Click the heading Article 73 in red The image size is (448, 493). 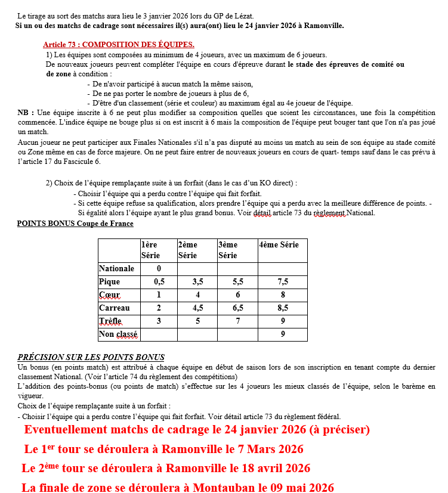118,45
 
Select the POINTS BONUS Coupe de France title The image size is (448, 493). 75,224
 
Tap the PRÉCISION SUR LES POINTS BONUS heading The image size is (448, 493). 91,357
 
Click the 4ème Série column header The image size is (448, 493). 279,245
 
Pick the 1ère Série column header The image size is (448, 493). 150,250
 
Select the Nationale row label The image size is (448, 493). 116,269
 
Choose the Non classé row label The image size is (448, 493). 118,334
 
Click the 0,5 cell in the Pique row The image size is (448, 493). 159,282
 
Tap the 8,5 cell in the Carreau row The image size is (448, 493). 282,308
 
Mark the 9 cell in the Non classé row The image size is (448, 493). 282,334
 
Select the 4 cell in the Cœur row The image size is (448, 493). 197,295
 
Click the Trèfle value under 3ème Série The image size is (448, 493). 237,321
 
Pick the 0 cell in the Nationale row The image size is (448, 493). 159,269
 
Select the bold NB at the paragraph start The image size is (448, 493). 24,112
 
